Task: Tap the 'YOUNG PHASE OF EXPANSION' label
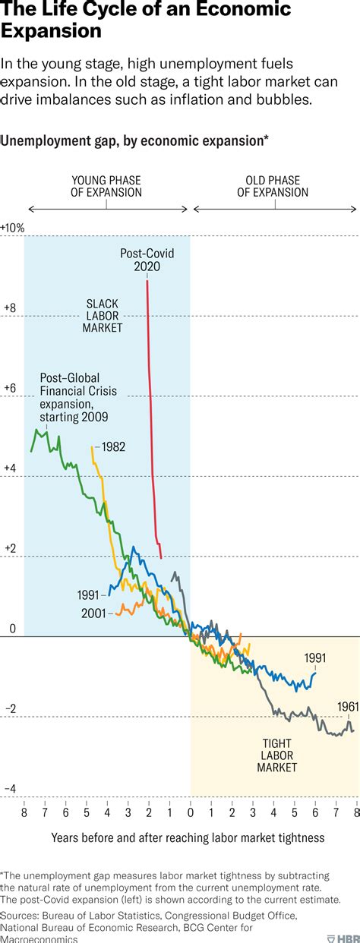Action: (107, 187)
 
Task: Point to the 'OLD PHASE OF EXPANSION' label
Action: (273, 187)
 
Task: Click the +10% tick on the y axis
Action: (13, 228)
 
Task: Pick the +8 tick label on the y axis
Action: (10, 308)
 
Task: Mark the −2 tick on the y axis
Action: (10, 709)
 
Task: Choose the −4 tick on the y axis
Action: (10, 790)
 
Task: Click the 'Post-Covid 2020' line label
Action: (146, 260)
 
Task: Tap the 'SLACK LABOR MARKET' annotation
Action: (104, 315)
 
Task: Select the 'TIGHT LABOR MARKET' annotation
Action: (276, 755)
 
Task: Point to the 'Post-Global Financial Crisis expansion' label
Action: (74, 397)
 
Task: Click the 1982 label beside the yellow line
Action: (112, 447)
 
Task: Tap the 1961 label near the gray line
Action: (347, 706)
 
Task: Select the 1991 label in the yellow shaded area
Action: (314, 658)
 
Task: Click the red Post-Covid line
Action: (151, 418)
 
